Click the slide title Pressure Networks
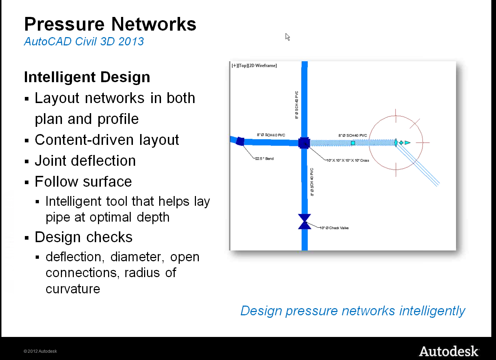[110, 25]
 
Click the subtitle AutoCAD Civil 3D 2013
[84, 41]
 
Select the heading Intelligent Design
[87, 77]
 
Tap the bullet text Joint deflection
[85, 161]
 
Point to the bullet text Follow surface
[83, 182]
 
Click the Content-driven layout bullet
[107, 140]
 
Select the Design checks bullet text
[84, 237]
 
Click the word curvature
[73, 289]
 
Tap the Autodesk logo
[449, 351]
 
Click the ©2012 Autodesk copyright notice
[40, 351]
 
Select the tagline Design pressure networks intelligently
[353, 311]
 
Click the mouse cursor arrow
[287, 37]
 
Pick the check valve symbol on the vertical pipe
[305, 222]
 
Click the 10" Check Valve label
[335, 228]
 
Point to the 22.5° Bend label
[264, 159]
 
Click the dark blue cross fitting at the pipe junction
[304, 143]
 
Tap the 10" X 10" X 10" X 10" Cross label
[348, 160]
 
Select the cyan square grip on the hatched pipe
[353, 143]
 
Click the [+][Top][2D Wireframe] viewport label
[254, 66]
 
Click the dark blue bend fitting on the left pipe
[240, 141]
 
